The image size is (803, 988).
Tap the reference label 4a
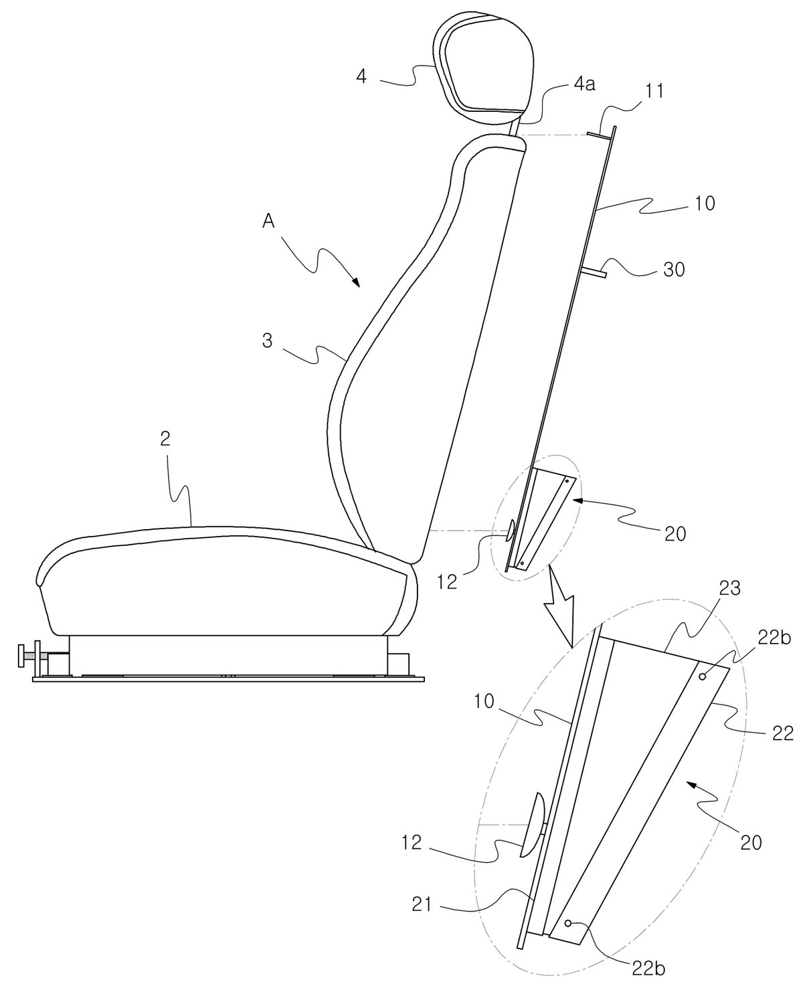(584, 85)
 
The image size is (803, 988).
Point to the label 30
(674, 269)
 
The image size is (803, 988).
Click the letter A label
(268, 222)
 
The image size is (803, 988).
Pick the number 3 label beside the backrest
(268, 342)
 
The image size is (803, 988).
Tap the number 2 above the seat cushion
(165, 439)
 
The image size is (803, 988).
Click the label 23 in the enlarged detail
(730, 589)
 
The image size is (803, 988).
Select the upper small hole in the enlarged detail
(703, 677)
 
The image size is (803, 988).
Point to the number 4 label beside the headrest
(361, 76)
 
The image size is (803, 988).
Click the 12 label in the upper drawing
(447, 581)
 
